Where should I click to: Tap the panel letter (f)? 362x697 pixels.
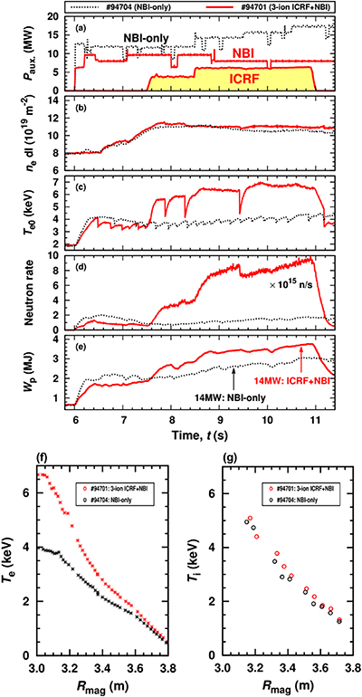coord(36,457)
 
